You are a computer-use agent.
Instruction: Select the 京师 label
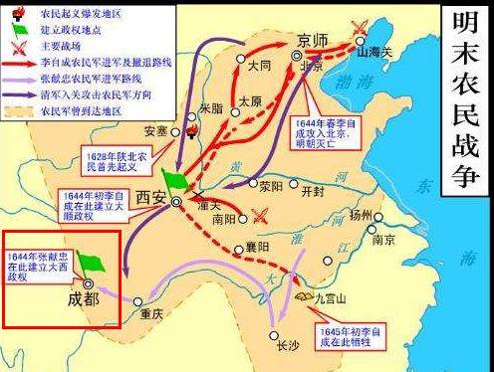pyautogui.click(x=312, y=39)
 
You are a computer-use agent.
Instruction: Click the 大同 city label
pyautogui.click(x=259, y=66)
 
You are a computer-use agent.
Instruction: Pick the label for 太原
pyautogui.click(x=251, y=101)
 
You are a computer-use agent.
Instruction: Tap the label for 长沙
pyautogui.click(x=288, y=345)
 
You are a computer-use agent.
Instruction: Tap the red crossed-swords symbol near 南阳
pyautogui.click(x=261, y=214)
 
